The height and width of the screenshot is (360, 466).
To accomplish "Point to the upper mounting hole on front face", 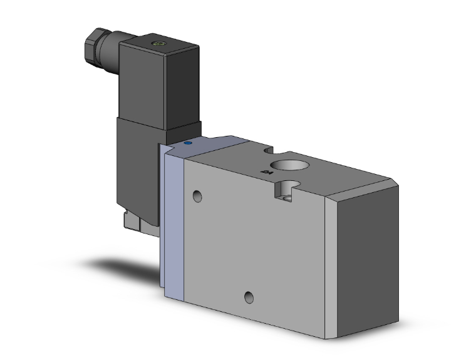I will pos(198,197).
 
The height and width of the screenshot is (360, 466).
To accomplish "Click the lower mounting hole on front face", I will pos(250,297).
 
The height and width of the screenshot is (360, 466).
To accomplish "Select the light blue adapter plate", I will pos(174,219).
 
